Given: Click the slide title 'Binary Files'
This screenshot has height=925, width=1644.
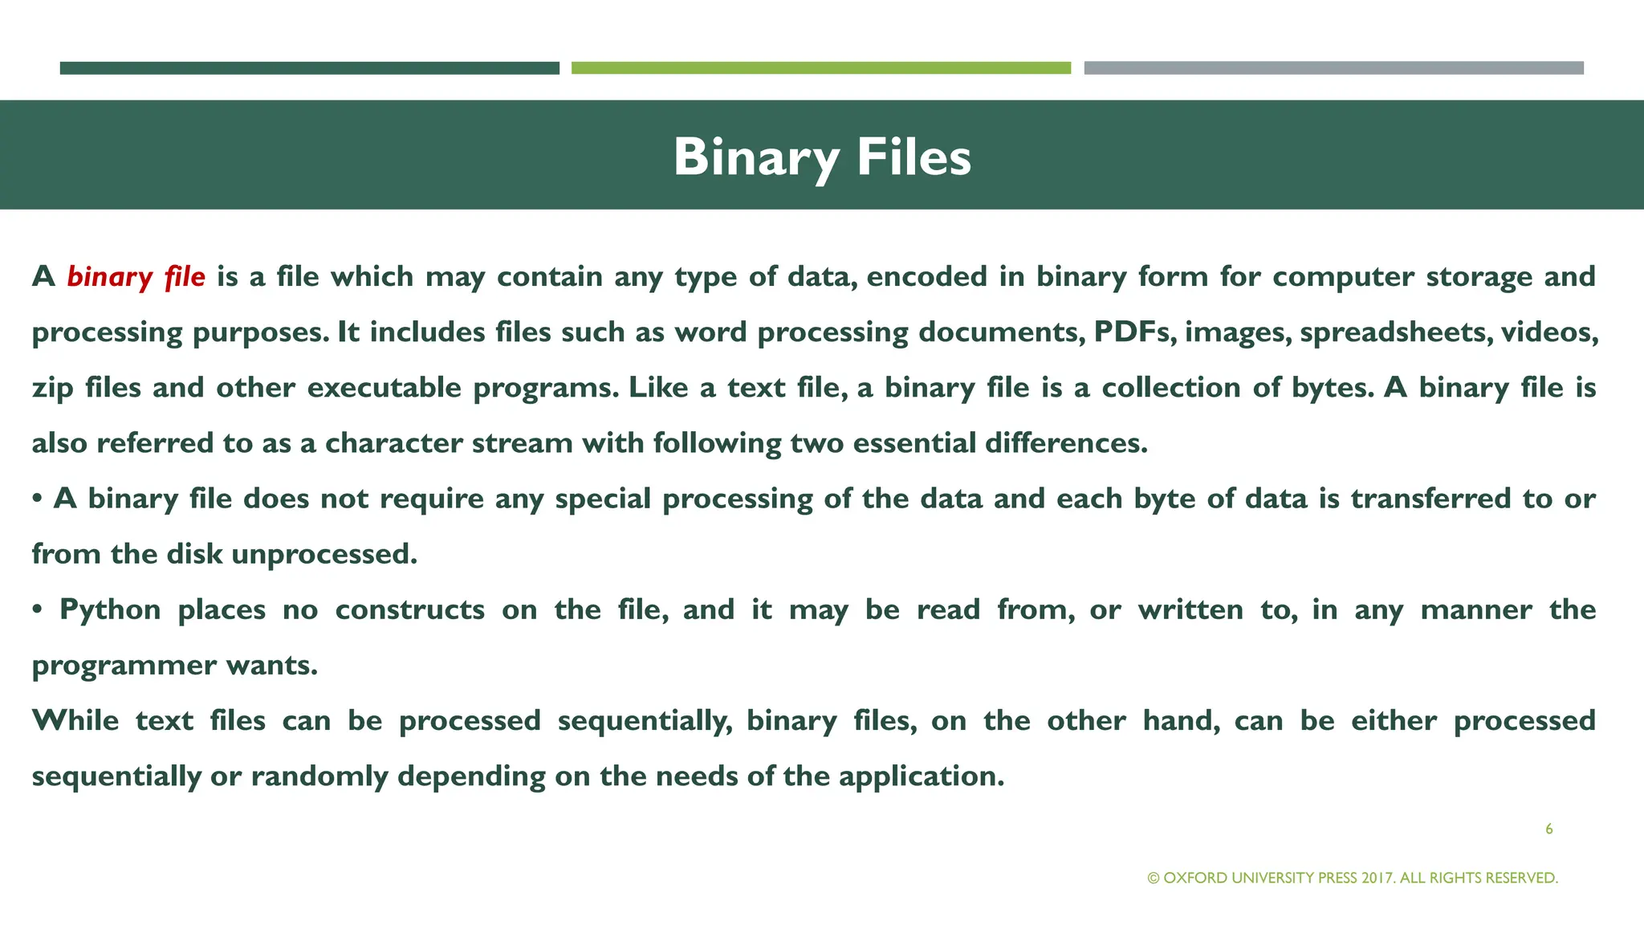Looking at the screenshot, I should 822,157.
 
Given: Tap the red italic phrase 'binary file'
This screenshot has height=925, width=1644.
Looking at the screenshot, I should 136,277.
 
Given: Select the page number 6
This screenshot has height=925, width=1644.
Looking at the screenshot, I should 1548,829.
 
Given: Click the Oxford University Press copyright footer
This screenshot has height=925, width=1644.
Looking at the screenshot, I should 1353,878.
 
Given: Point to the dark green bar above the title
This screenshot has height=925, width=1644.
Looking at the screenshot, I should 309,68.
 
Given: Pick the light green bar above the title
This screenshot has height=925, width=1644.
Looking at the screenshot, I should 820,68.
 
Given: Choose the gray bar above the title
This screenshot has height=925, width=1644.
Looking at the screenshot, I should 1333,68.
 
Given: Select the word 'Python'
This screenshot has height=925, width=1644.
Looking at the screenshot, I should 110,610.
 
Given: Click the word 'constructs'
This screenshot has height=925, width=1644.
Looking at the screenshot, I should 409,610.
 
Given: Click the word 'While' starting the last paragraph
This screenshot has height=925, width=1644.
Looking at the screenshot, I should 75,720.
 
